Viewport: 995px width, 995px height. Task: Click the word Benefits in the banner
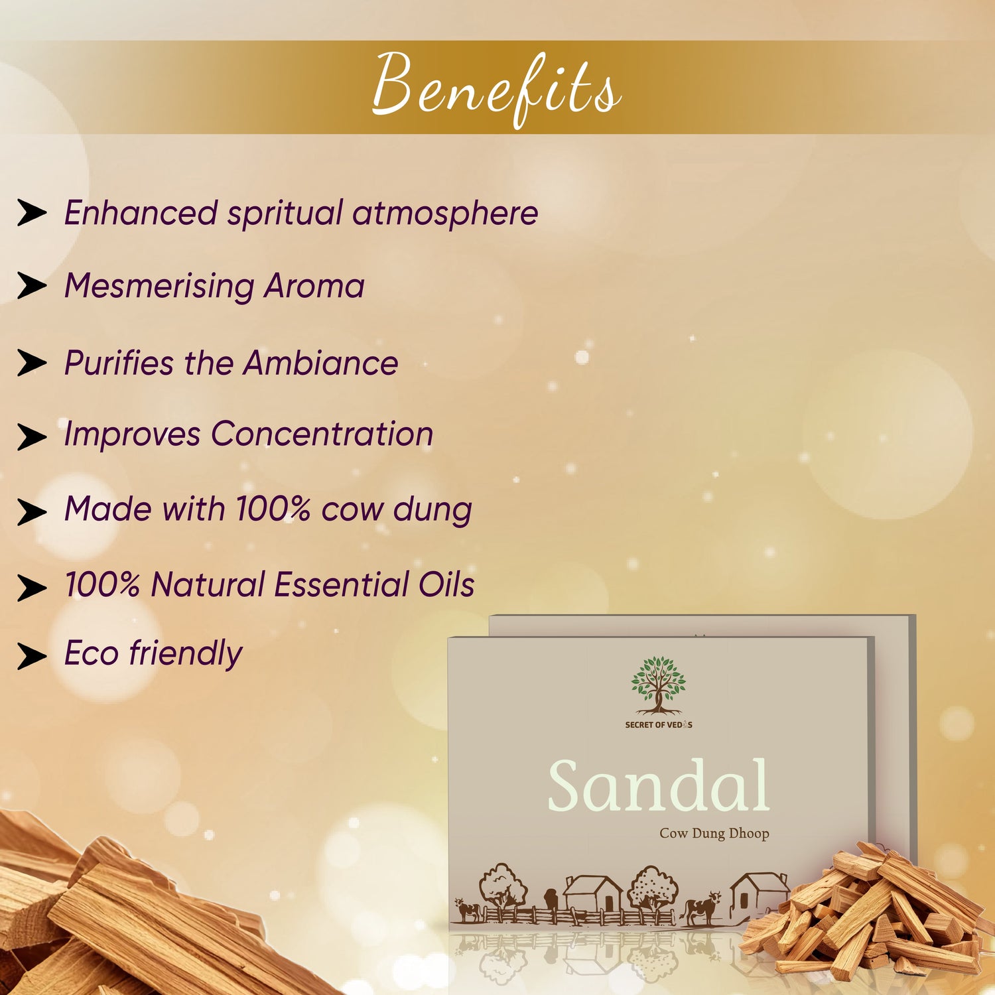tap(496, 88)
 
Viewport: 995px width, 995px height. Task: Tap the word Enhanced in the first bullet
tap(141, 213)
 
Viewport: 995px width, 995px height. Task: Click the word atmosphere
tap(445, 214)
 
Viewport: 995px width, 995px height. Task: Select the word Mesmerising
tap(159, 287)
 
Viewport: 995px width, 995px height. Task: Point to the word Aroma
tap(314, 287)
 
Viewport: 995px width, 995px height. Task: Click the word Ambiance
tap(320, 363)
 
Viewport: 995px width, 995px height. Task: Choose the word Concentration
tap(322, 434)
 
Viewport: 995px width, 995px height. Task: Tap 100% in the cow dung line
tap(273, 509)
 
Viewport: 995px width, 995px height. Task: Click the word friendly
tap(186, 653)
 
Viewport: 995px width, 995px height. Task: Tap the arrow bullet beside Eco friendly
tap(32, 656)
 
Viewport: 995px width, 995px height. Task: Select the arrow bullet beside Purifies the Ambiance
tap(32, 364)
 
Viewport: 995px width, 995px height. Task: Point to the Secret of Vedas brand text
tap(659, 724)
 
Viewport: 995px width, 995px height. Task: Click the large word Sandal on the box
tap(658, 786)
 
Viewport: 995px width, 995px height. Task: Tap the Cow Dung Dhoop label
tap(714, 833)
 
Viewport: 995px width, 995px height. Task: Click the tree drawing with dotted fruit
tap(653, 889)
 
